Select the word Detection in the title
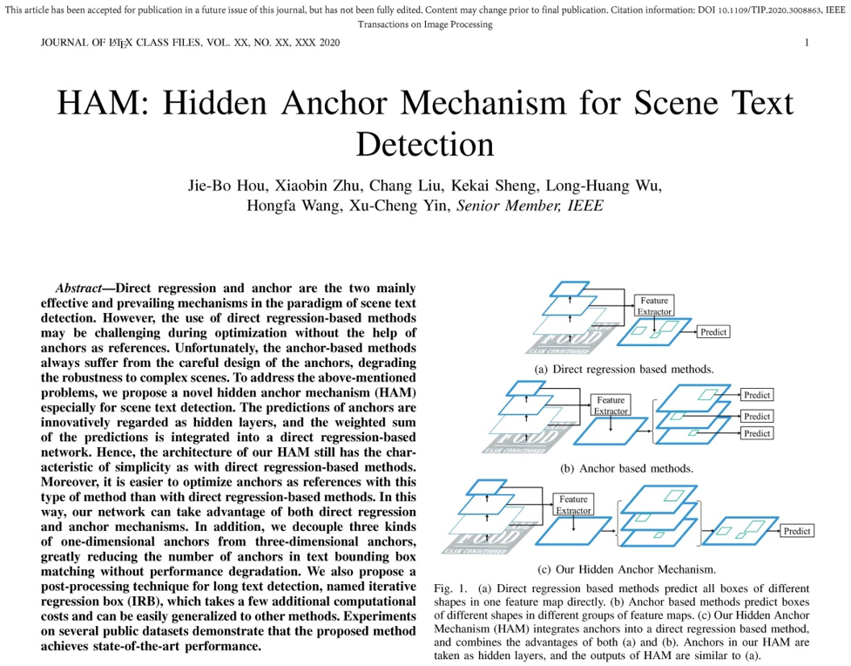click(x=425, y=144)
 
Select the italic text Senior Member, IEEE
click(x=530, y=206)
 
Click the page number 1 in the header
click(x=807, y=43)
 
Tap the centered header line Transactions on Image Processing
click(x=425, y=24)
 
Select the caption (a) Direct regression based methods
click(x=624, y=369)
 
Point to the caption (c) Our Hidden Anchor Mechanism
click(x=626, y=569)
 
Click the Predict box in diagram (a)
click(x=713, y=332)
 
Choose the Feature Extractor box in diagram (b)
click(x=611, y=405)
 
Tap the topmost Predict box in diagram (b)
click(x=757, y=395)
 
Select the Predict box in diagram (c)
click(x=796, y=531)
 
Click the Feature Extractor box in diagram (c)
click(x=573, y=505)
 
